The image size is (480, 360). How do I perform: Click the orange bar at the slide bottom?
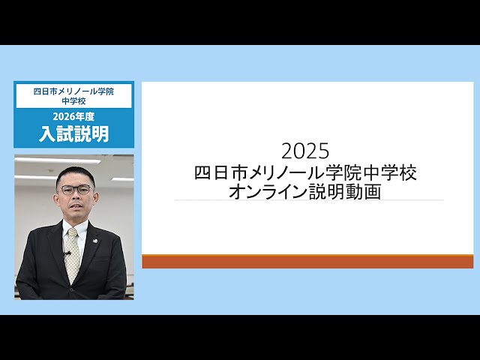pyautogui.click(x=307, y=261)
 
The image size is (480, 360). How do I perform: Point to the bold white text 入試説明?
pyautogui.click(x=73, y=133)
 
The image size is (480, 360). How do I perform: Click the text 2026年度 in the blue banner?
pyautogui.click(x=73, y=116)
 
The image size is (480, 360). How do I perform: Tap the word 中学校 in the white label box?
pyautogui.click(x=73, y=100)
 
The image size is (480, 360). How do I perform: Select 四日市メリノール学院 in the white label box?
pyautogui.click(x=73, y=91)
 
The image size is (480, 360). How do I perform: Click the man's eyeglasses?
pyautogui.click(x=76, y=190)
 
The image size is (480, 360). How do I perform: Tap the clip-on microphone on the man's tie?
pyautogui.click(x=68, y=253)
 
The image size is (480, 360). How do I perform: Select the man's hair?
pyautogui.click(x=74, y=172)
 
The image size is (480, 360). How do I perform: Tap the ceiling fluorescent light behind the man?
pyautogui.click(x=45, y=161)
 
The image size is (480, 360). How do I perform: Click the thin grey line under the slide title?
pyautogui.click(x=307, y=200)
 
